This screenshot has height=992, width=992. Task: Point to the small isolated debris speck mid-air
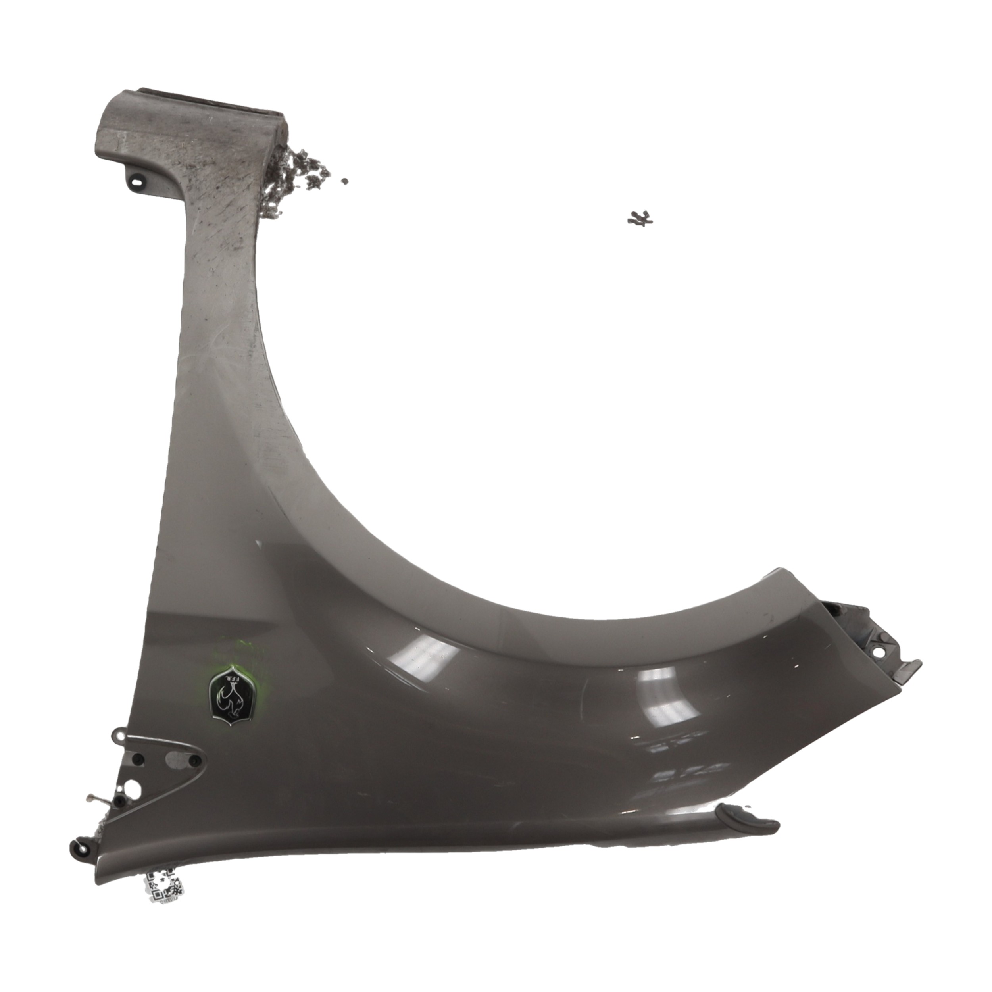tap(345, 181)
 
